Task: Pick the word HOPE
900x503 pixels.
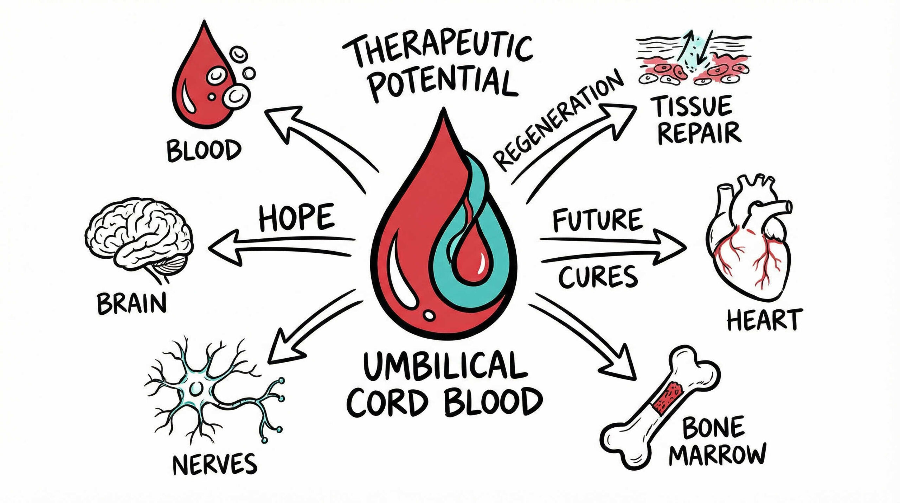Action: point(296,217)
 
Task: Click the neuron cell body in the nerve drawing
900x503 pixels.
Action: point(196,389)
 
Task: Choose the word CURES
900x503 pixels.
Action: point(598,277)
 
